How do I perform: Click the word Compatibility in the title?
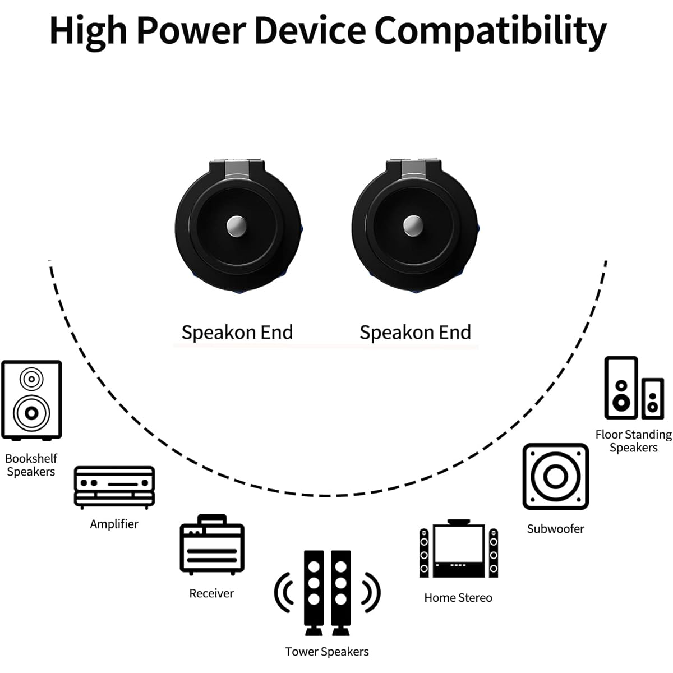tap(490, 31)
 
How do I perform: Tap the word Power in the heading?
tap(191, 31)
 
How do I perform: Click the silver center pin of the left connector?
tap(237, 226)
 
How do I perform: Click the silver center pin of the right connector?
tap(413, 226)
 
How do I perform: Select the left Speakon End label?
tap(237, 332)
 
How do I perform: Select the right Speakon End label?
tap(415, 332)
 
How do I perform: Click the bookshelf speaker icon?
tap(31, 400)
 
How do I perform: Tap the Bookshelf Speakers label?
tap(31, 465)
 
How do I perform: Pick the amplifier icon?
tap(114, 487)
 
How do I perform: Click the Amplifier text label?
tap(114, 524)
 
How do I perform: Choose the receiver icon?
tap(212, 545)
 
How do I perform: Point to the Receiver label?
tap(211, 593)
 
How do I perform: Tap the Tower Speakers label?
tap(327, 652)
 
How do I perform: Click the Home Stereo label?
tap(458, 598)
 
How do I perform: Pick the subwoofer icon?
tap(556, 477)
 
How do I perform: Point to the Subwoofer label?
tap(556, 529)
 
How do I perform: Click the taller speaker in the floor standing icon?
tap(621, 388)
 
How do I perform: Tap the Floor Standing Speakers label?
tap(634, 441)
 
